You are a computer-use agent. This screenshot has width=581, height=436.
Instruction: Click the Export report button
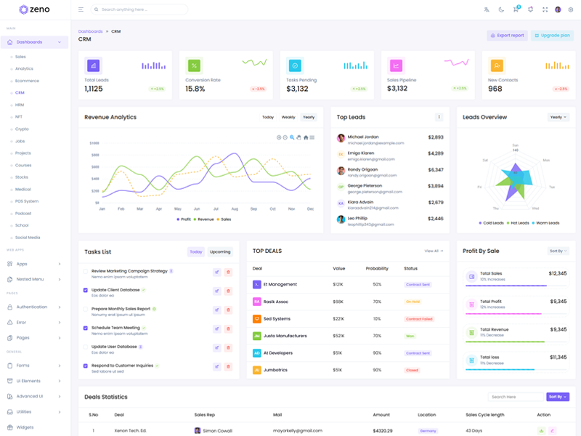click(x=507, y=35)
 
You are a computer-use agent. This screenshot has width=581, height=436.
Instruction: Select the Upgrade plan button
click(x=552, y=35)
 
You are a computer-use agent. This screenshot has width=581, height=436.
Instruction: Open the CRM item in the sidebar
click(x=20, y=93)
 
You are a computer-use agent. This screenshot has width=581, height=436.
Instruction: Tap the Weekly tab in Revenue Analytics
click(x=288, y=117)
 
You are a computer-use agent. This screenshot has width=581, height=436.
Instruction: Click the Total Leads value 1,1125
click(x=94, y=89)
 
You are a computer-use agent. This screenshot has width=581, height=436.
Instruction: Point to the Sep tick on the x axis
click(x=253, y=209)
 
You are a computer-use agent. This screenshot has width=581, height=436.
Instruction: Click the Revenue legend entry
click(x=206, y=219)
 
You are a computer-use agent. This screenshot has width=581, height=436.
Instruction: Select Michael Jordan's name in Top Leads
click(x=363, y=137)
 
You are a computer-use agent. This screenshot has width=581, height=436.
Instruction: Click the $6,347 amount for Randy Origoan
click(x=436, y=169)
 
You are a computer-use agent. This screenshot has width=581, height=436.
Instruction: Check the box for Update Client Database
click(x=86, y=290)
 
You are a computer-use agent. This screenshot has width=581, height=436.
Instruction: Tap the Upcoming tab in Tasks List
click(x=220, y=252)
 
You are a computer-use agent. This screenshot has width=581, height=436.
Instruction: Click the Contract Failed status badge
click(x=419, y=319)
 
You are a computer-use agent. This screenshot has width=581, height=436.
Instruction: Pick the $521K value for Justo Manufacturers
click(x=338, y=336)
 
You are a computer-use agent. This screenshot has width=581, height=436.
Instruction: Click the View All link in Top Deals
click(x=434, y=251)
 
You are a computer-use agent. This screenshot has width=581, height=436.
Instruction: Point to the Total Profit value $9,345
click(x=558, y=301)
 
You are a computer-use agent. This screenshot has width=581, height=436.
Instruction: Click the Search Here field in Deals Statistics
click(x=516, y=397)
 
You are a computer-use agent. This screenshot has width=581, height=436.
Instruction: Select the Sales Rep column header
click(x=204, y=415)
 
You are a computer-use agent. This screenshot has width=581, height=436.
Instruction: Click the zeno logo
click(x=35, y=9)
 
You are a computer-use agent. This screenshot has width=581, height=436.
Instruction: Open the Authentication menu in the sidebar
click(x=31, y=307)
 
